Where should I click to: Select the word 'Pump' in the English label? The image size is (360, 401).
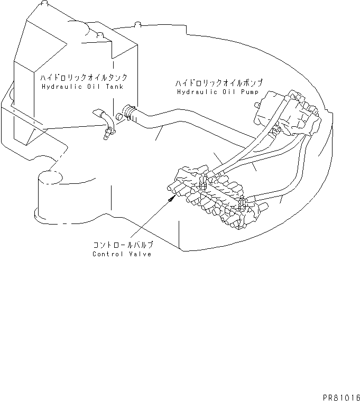[250, 92]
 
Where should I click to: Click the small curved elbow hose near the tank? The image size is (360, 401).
[104, 120]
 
